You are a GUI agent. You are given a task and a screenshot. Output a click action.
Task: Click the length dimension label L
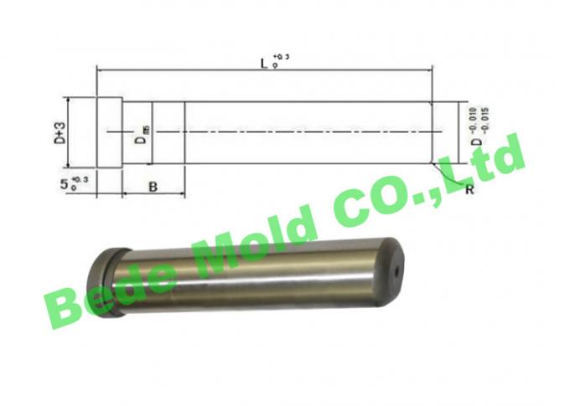click(x=263, y=63)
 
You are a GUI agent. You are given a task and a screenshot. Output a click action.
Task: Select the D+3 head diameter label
click(x=59, y=133)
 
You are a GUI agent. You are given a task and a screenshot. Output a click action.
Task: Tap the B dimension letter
click(x=153, y=186)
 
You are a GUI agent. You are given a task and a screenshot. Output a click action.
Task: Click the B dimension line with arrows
click(x=153, y=194)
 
